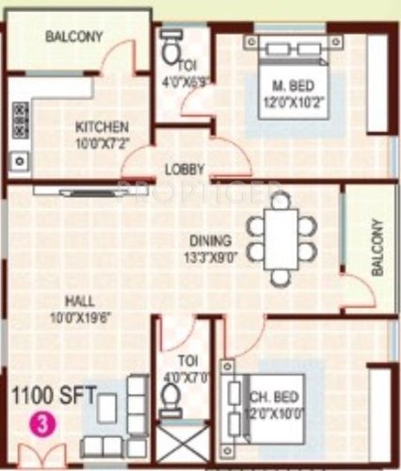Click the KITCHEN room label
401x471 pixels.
tap(102, 127)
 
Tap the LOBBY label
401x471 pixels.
tap(184, 170)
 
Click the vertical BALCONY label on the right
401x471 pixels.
tap(376, 247)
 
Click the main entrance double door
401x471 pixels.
tap(40, 454)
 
